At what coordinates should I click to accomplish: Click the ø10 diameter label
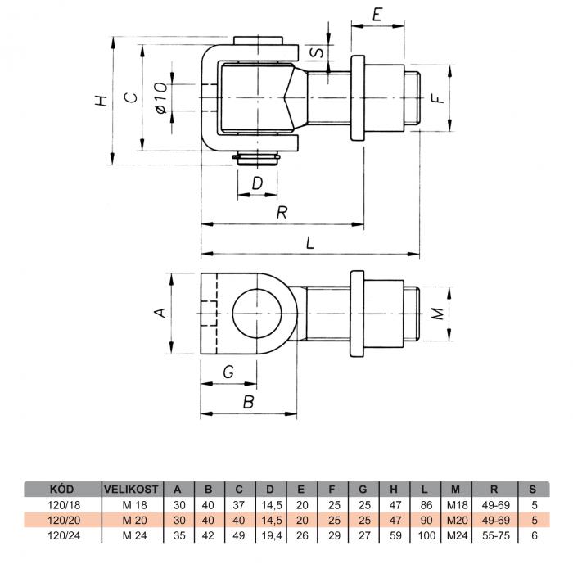[x=161, y=97]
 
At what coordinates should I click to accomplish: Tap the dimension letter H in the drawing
[x=102, y=101]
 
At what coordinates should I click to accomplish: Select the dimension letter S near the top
[x=316, y=52]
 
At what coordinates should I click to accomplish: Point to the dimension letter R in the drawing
[x=282, y=212]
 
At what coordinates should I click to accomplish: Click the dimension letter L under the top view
[x=310, y=242]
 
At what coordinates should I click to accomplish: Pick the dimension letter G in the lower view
[x=228, y=372]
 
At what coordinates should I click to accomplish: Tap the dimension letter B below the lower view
[x=249, y=402]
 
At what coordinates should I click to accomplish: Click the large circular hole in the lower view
[x=257, y=314]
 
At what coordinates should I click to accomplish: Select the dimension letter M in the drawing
[x=438, y=314]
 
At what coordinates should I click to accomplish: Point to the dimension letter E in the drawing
[x=377, y=15]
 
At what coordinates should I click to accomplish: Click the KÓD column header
[x=61, y=489]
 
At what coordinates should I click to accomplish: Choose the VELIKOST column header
[x=131, y=489]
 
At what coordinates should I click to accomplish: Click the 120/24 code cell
[x=64, y=535]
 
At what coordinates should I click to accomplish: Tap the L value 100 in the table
[x=426, y=535]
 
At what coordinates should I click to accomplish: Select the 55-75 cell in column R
[x=495, y=535]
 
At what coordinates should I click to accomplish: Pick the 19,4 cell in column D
[x=272, y=535]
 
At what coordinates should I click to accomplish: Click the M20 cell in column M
[x=457, y=521]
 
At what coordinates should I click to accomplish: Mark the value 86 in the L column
[x=426, y=505]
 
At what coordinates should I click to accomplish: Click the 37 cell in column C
[x=239, y=505]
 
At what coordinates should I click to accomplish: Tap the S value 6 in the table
[x=535, y=535]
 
